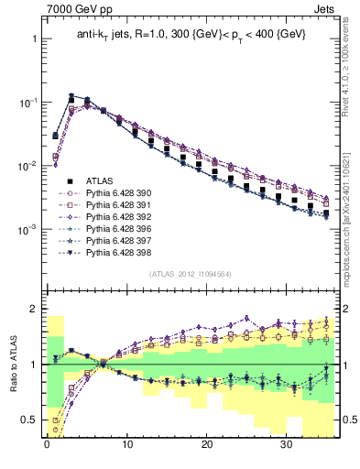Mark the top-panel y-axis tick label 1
point(34,39)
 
